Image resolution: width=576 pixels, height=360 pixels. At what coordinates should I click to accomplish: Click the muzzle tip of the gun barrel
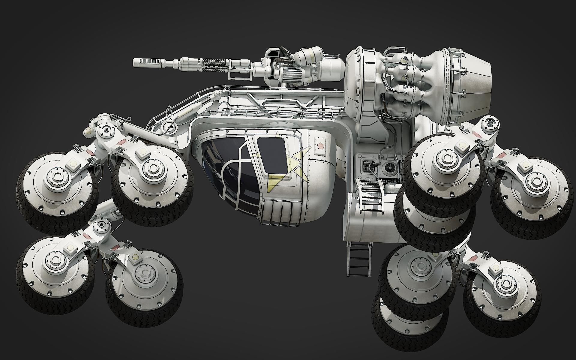pos(136,62)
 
